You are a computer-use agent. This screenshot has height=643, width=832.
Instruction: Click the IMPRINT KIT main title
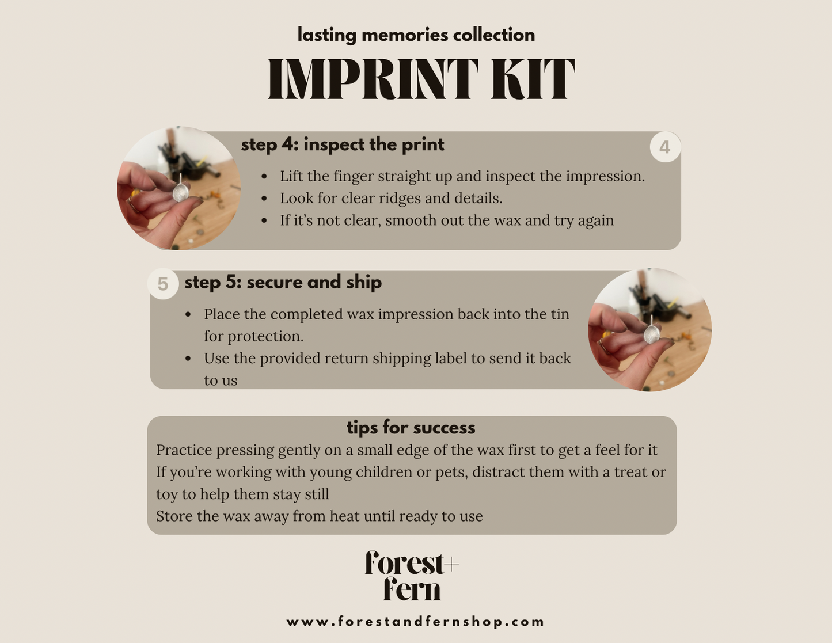click(421, 79)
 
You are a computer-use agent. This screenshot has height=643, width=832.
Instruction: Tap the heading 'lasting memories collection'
click(416, 35)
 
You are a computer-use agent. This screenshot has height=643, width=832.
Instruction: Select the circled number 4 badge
click(665, 147)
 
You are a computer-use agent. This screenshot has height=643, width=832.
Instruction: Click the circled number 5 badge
click(163, 284)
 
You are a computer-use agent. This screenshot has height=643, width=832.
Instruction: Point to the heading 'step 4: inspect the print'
click(343, 144)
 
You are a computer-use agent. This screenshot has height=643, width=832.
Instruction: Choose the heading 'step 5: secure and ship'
click(283, 283)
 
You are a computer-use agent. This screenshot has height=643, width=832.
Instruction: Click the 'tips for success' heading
click(411, 428)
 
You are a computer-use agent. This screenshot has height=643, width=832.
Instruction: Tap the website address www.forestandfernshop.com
click(416, 622)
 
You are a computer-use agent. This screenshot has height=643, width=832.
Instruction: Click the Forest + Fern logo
click(412, 575)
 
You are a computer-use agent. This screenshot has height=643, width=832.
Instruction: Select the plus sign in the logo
click(451, 564)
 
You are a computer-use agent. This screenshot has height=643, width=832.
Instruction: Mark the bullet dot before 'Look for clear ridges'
click(264, 199)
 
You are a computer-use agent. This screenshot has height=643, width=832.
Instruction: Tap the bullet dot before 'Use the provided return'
click(188, 359)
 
